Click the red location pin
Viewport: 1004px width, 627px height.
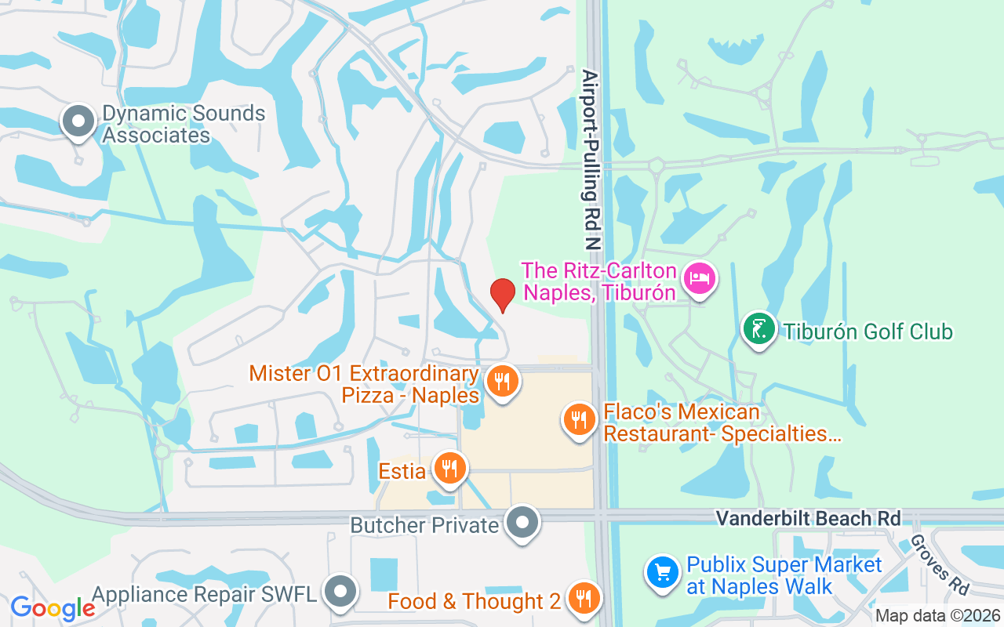pyautogui.click(x=502, y=295)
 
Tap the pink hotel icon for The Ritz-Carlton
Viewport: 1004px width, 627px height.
pyautogui.click(x=700, y=278)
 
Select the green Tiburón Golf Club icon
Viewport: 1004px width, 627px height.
pyautogui.click(x=758, y=329)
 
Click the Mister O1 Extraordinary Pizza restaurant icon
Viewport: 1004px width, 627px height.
pyautogui.click(x=502, y=382)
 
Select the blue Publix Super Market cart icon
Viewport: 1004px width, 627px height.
pyautogui.click(x=662, y=572)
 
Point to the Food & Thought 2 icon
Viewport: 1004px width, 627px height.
pyautogui.click(x=583, y=598)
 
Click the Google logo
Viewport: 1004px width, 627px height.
pyautogui.click(x=53, y=607)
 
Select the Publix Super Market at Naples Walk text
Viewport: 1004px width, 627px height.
pyautogui.click(x=784, y=575)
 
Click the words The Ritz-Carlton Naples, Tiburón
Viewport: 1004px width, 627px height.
pyautogui.click(x=600, y=282)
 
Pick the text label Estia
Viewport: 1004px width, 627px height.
pyautogui.click(x=402, y=471)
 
